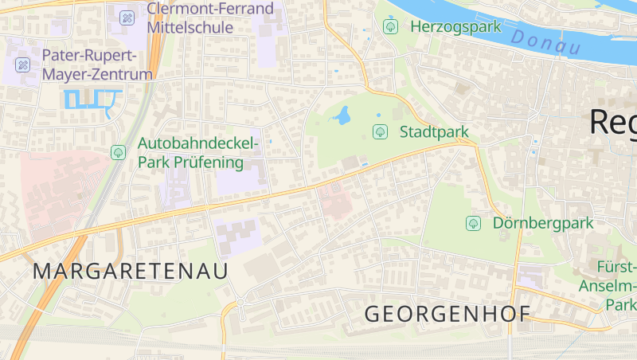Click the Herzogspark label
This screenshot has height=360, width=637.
point(455,26)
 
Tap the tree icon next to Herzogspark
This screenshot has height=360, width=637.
point(390,26)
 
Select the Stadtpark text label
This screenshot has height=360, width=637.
point(434,131)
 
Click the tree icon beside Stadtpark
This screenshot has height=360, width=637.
point(380,131)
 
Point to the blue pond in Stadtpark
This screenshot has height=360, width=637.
point(343,116)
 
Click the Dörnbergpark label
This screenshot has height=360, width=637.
point(543,223)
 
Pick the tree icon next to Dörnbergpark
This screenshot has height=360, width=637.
point(474,223)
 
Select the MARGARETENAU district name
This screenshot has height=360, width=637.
point(131,271)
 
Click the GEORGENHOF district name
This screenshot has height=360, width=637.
point(447,314)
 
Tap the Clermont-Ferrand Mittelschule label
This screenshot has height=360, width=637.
point(210,18)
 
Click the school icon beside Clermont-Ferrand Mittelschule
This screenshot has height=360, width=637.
point(127,17)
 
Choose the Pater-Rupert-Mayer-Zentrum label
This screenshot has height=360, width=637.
point(96,65)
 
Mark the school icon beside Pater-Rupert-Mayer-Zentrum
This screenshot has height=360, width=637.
point(23,65)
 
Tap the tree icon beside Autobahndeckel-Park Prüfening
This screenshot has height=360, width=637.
point(119,151)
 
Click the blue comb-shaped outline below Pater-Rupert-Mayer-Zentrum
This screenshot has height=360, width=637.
point(92,100)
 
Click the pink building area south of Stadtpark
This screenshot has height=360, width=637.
point(334,199)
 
